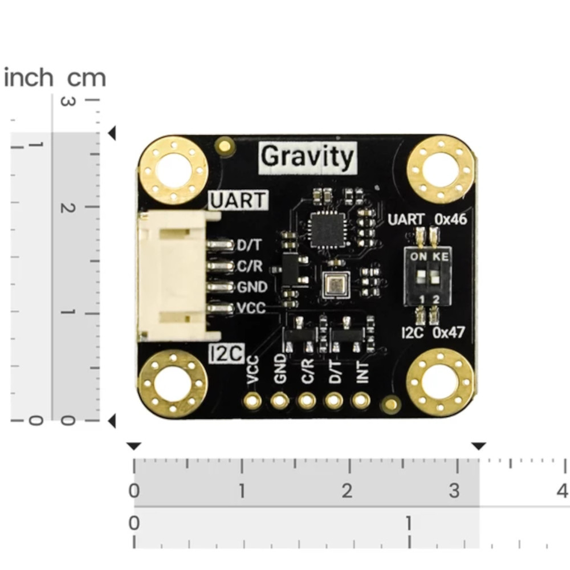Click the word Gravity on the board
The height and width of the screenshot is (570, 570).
click(308, 156)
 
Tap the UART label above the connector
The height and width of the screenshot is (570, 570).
click(238, 200)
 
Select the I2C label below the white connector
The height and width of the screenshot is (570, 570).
click(226, 354)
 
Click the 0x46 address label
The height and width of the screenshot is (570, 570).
click(451, 219)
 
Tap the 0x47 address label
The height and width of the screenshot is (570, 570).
click(449, 333)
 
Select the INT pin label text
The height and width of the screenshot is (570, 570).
click(363, 370)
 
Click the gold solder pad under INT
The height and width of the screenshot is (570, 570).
click(361, 401)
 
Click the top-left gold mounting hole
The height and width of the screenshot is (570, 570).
click(173, 170)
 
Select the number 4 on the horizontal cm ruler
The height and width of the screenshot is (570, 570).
click(563, 490)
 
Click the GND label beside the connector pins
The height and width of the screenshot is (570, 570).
click(252, 287)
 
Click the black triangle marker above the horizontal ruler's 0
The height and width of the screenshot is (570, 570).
click(133, 446)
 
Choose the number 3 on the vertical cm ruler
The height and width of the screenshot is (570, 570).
click(67, 101)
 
